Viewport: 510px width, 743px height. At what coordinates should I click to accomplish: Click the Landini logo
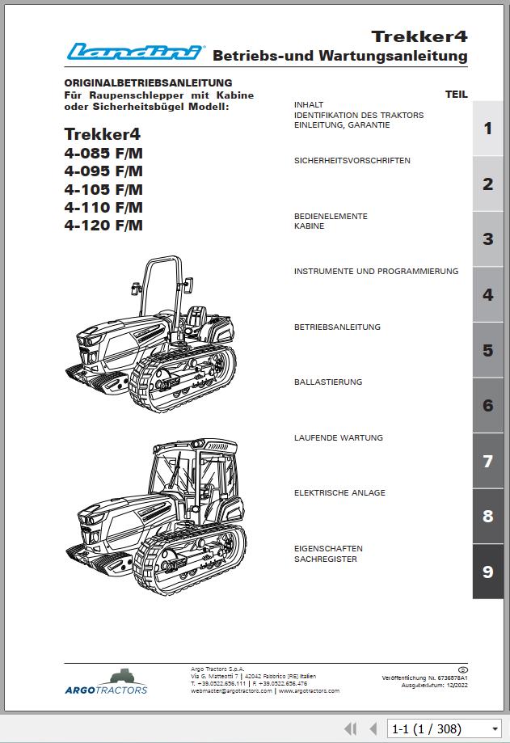[135, 53]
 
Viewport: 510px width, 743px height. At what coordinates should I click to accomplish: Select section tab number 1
[487, 129]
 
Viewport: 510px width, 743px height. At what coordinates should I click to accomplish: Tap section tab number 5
[487, 350]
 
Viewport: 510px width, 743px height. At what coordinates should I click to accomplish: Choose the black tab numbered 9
[487, 572]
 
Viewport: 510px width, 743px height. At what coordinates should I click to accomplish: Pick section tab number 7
[487, 462]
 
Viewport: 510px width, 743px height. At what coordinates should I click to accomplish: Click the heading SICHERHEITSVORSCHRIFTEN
[352, 161]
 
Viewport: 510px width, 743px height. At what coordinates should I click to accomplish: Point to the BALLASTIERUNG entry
[328, 382]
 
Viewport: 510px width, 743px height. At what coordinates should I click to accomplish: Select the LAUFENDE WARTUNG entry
[339, 438]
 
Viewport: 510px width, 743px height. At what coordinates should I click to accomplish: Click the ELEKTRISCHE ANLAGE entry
[339, 493]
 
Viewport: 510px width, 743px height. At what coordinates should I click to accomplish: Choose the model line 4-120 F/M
[103, 226]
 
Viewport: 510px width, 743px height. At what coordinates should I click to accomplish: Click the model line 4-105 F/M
[103, 189]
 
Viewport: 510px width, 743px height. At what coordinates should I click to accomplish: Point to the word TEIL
[456, 95]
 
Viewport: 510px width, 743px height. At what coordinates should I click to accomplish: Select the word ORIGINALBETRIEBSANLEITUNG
[148, 82]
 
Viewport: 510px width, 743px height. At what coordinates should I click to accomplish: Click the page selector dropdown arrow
[494, 729]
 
